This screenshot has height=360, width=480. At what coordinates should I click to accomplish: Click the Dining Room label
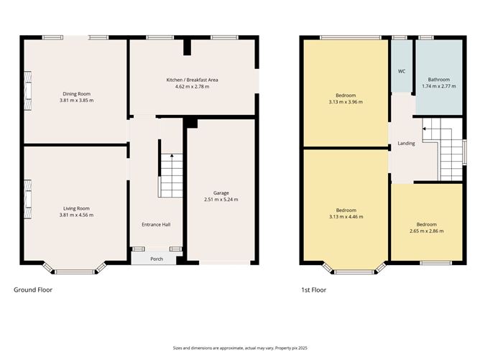(77, 94)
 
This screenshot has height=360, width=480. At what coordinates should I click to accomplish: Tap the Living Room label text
(77, 208)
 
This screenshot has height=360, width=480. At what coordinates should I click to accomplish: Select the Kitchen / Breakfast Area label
(192, 80)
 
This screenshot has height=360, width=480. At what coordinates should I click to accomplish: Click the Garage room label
(221, 193)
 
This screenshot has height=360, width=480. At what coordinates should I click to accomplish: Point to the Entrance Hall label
(156, 225)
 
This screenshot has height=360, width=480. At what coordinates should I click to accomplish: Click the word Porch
(156, 259)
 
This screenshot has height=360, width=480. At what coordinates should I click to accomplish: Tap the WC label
(402, 72)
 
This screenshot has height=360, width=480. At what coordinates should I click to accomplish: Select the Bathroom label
(438, 80)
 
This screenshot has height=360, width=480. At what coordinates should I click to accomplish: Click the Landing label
(406, 144)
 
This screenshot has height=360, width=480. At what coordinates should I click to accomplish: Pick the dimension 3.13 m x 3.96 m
(346, 102)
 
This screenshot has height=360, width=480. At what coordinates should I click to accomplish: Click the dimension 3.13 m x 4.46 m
(346, 216)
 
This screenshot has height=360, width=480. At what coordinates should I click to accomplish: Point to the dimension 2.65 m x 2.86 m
(426, 231)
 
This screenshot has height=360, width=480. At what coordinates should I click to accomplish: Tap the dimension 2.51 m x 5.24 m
(221, 199)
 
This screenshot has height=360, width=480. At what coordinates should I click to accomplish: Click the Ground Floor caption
(33, 290)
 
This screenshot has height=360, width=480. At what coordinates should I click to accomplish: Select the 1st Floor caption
(313, 290)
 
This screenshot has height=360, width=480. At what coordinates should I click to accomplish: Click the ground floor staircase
(171, 175)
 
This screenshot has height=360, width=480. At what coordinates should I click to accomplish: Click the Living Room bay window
(75, 271)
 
